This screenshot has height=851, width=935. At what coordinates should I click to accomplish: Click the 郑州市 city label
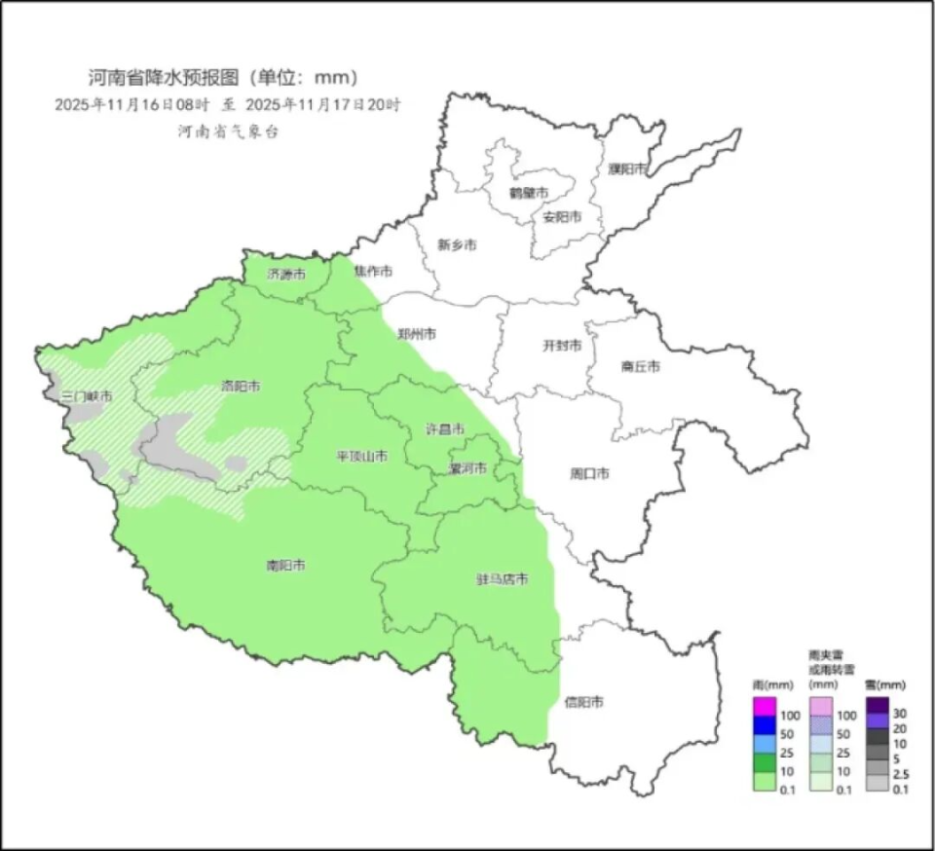click(416, 334)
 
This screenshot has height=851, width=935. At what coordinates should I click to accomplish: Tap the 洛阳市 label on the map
click(241, 386)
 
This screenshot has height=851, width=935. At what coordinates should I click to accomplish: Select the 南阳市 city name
click(286, 565)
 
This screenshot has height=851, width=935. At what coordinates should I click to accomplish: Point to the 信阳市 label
click(583, 701)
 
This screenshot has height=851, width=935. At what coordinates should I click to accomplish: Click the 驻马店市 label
click(502, 579)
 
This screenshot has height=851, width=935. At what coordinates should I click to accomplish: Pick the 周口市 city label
click(588, 474)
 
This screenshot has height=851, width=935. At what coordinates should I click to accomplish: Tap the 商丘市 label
click(640, 366)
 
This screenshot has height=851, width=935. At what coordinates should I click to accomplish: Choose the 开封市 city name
click(561, 346)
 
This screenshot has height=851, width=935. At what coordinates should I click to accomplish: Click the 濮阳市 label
click(627, 168)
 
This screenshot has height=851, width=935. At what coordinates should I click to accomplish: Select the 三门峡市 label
click(86, 396)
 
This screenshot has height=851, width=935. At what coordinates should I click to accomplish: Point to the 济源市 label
click(286, 275)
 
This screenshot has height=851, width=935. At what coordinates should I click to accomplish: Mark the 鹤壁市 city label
click(528, 193)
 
